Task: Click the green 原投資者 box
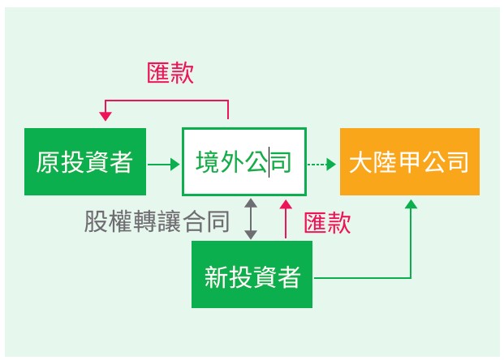pos(85,162)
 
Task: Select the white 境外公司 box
pos(243,162)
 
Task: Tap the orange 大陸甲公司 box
pos(409,162)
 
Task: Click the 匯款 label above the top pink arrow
pos(170,73)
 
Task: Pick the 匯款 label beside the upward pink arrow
pos(327,223)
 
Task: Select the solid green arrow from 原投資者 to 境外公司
pos(164,164)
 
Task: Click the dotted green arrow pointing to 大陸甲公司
pos(321,164)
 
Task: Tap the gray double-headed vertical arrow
pos(252,219)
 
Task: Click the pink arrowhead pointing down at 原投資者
pos(106,117)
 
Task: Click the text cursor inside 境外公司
pos(270,162)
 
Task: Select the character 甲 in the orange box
pos(409,162)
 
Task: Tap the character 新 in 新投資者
pos(215,277)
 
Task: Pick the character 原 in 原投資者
pos(47,162)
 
